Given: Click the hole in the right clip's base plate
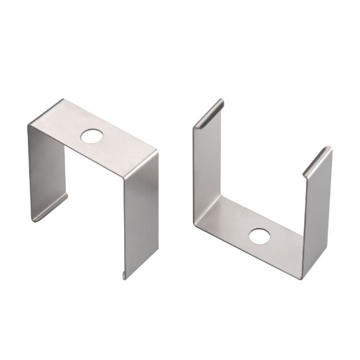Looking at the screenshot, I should pyautogui.click(x=259, y=236).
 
